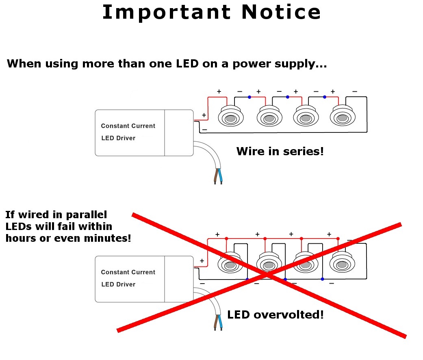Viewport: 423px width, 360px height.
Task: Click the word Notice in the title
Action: pyautogui.click(x=281, y=12)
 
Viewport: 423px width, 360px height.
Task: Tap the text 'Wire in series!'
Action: pyautogui.click(x=280, y=152)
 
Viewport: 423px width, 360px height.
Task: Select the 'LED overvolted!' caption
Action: pyautogui.click(x=275, y=314)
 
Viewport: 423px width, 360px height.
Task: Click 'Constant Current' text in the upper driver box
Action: pyautogui.click(x=128, y=126)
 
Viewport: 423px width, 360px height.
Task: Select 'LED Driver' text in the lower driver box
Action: pyautogui.click(x=118, y=284)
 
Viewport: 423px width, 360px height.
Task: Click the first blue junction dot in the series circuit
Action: pyautogui.click(x=249, y=97)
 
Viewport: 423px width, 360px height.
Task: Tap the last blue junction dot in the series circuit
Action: pyautogui.click(x=324, y=97)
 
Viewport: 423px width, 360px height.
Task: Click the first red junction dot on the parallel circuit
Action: pyautogui.click(x=226, y=239)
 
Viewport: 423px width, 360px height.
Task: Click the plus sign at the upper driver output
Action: pyautogui.click(x=204, y=115)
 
